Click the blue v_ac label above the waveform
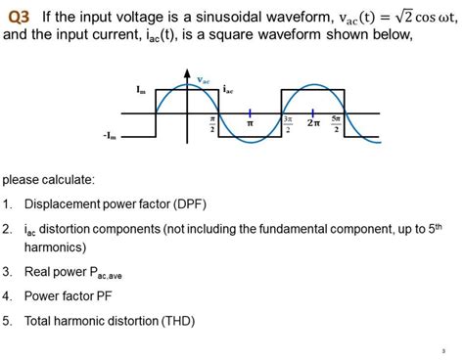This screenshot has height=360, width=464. (203, 79)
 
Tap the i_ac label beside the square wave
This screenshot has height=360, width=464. (228, 89)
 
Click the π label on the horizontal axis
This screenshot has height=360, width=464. (250, 124)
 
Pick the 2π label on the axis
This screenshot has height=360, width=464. (312, 123)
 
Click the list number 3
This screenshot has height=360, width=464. (8, 271)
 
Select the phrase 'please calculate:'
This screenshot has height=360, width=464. (49, 180)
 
